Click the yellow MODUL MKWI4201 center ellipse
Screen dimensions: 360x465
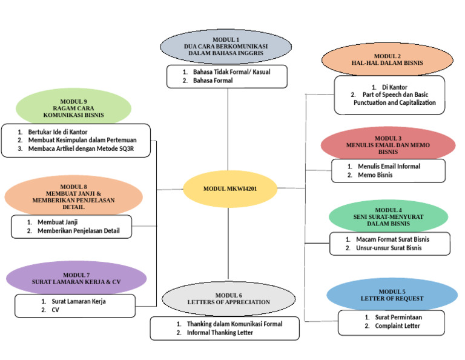pyautogui.click(x=229, y=189)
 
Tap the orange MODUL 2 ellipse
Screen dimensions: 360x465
pyautogui.click(x=387, y=59)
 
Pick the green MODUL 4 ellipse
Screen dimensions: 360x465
pyautogui.click(x=388, y=216)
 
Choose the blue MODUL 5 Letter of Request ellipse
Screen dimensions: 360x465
pyautogui.click(x=392, y=295)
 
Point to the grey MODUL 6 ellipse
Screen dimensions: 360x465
pyautogui.click(x=228, y=298)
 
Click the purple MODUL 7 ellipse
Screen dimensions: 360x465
pyautogui.click(x=76, y=278)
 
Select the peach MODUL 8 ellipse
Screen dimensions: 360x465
pyautogui.click(x=73, y=196)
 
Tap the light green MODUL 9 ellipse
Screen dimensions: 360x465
pyautogui.click(x=73, y=107)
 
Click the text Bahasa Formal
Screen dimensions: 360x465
pyautogui.click(x=213, y=81)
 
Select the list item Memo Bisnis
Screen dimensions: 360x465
pyautogui.click(x=375, y=175)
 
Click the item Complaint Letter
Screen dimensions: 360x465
pyautogui.click(x=397, y=326)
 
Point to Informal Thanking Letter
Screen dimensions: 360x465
pyautogui.click(x=220, y=333)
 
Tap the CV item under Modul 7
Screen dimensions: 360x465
pyautogui.click(x=55, y=310)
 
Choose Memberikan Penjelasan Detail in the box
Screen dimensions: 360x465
pyautogui.click(x=79, y=231)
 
